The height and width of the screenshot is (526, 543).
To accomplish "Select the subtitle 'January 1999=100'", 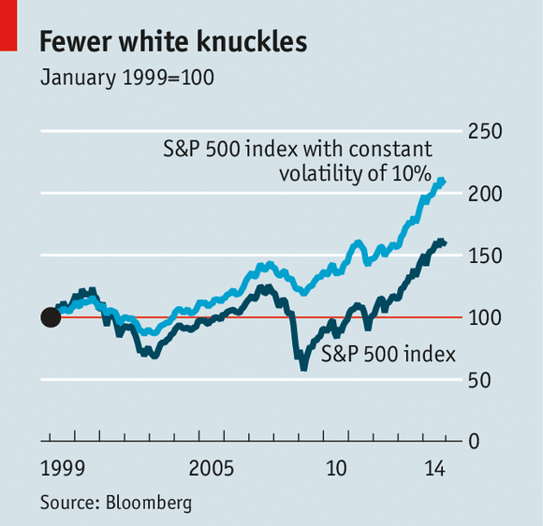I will pyautogui.click(x=127, y=78).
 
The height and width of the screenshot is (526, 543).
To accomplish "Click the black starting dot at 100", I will pyautogui.click(x=51, y=318).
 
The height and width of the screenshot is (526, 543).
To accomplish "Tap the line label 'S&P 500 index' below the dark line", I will pyautogui.click(x=388, y=355).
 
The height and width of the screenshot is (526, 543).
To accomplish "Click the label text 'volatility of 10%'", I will pyautogui.click(x=354, y=173).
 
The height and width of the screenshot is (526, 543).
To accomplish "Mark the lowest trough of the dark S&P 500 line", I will pyautogui.click(x=302, y=367).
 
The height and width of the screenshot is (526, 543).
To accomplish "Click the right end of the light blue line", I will pyautogui.click(x=443, y=182).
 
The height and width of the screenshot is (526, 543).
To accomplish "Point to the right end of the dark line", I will pyautogui.click(x=444, y=243).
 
